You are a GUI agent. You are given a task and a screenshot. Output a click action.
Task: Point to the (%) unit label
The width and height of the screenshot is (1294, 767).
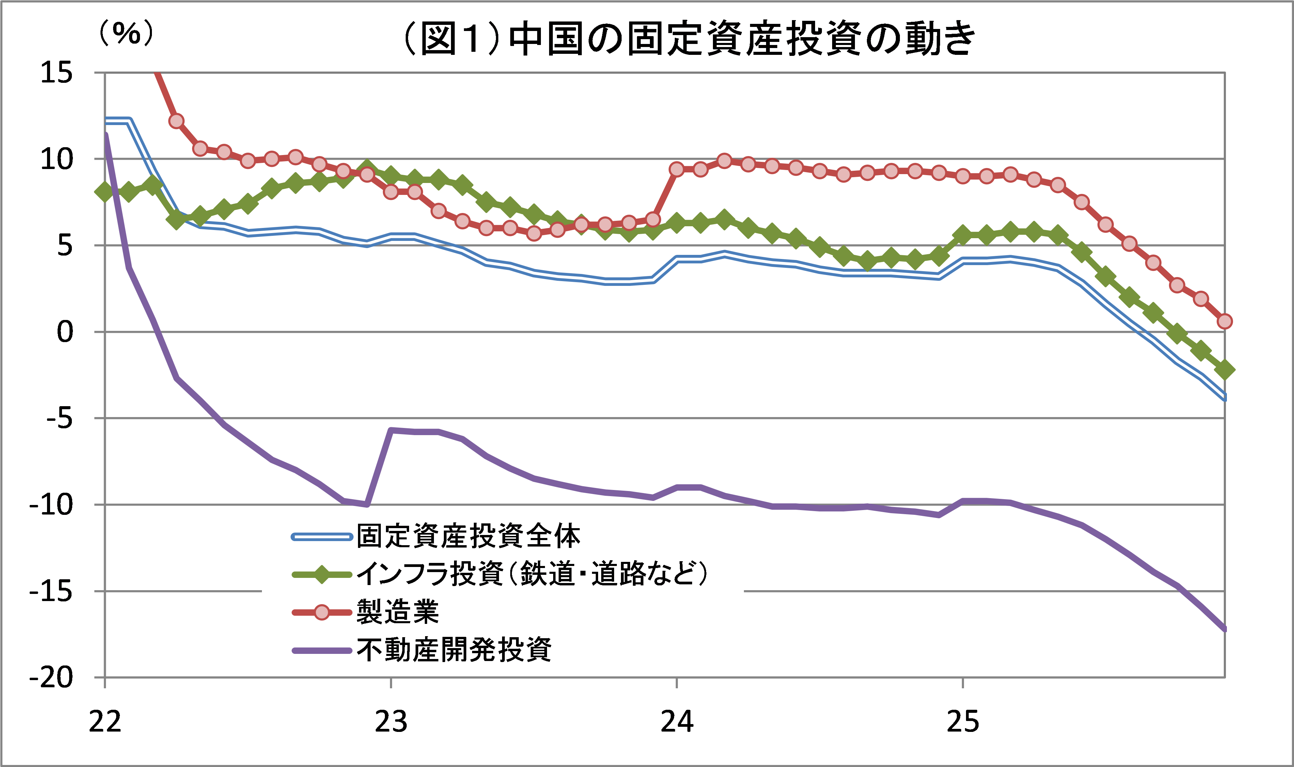126,34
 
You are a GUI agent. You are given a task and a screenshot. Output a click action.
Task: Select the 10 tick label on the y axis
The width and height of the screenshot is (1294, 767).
57,159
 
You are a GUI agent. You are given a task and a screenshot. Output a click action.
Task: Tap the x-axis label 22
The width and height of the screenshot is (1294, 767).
105,722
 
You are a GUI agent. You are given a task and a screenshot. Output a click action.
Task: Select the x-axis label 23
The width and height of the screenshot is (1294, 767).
391,722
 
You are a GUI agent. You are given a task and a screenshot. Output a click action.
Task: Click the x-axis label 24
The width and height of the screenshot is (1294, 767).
677,722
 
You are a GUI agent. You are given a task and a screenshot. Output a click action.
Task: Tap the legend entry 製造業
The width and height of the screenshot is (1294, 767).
398,612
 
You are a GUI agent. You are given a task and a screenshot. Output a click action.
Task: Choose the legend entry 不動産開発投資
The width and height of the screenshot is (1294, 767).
455,650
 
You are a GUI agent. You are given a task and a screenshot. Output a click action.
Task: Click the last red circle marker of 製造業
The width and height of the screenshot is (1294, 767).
1224,321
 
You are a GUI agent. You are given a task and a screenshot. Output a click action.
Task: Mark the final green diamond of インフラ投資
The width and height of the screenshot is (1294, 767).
1224,370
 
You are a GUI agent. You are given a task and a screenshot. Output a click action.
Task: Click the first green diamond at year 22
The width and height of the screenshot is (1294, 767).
105,192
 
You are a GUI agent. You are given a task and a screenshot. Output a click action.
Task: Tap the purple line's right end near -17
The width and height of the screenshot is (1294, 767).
1223,628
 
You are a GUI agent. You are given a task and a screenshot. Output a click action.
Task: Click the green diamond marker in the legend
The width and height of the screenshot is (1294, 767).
321,574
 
